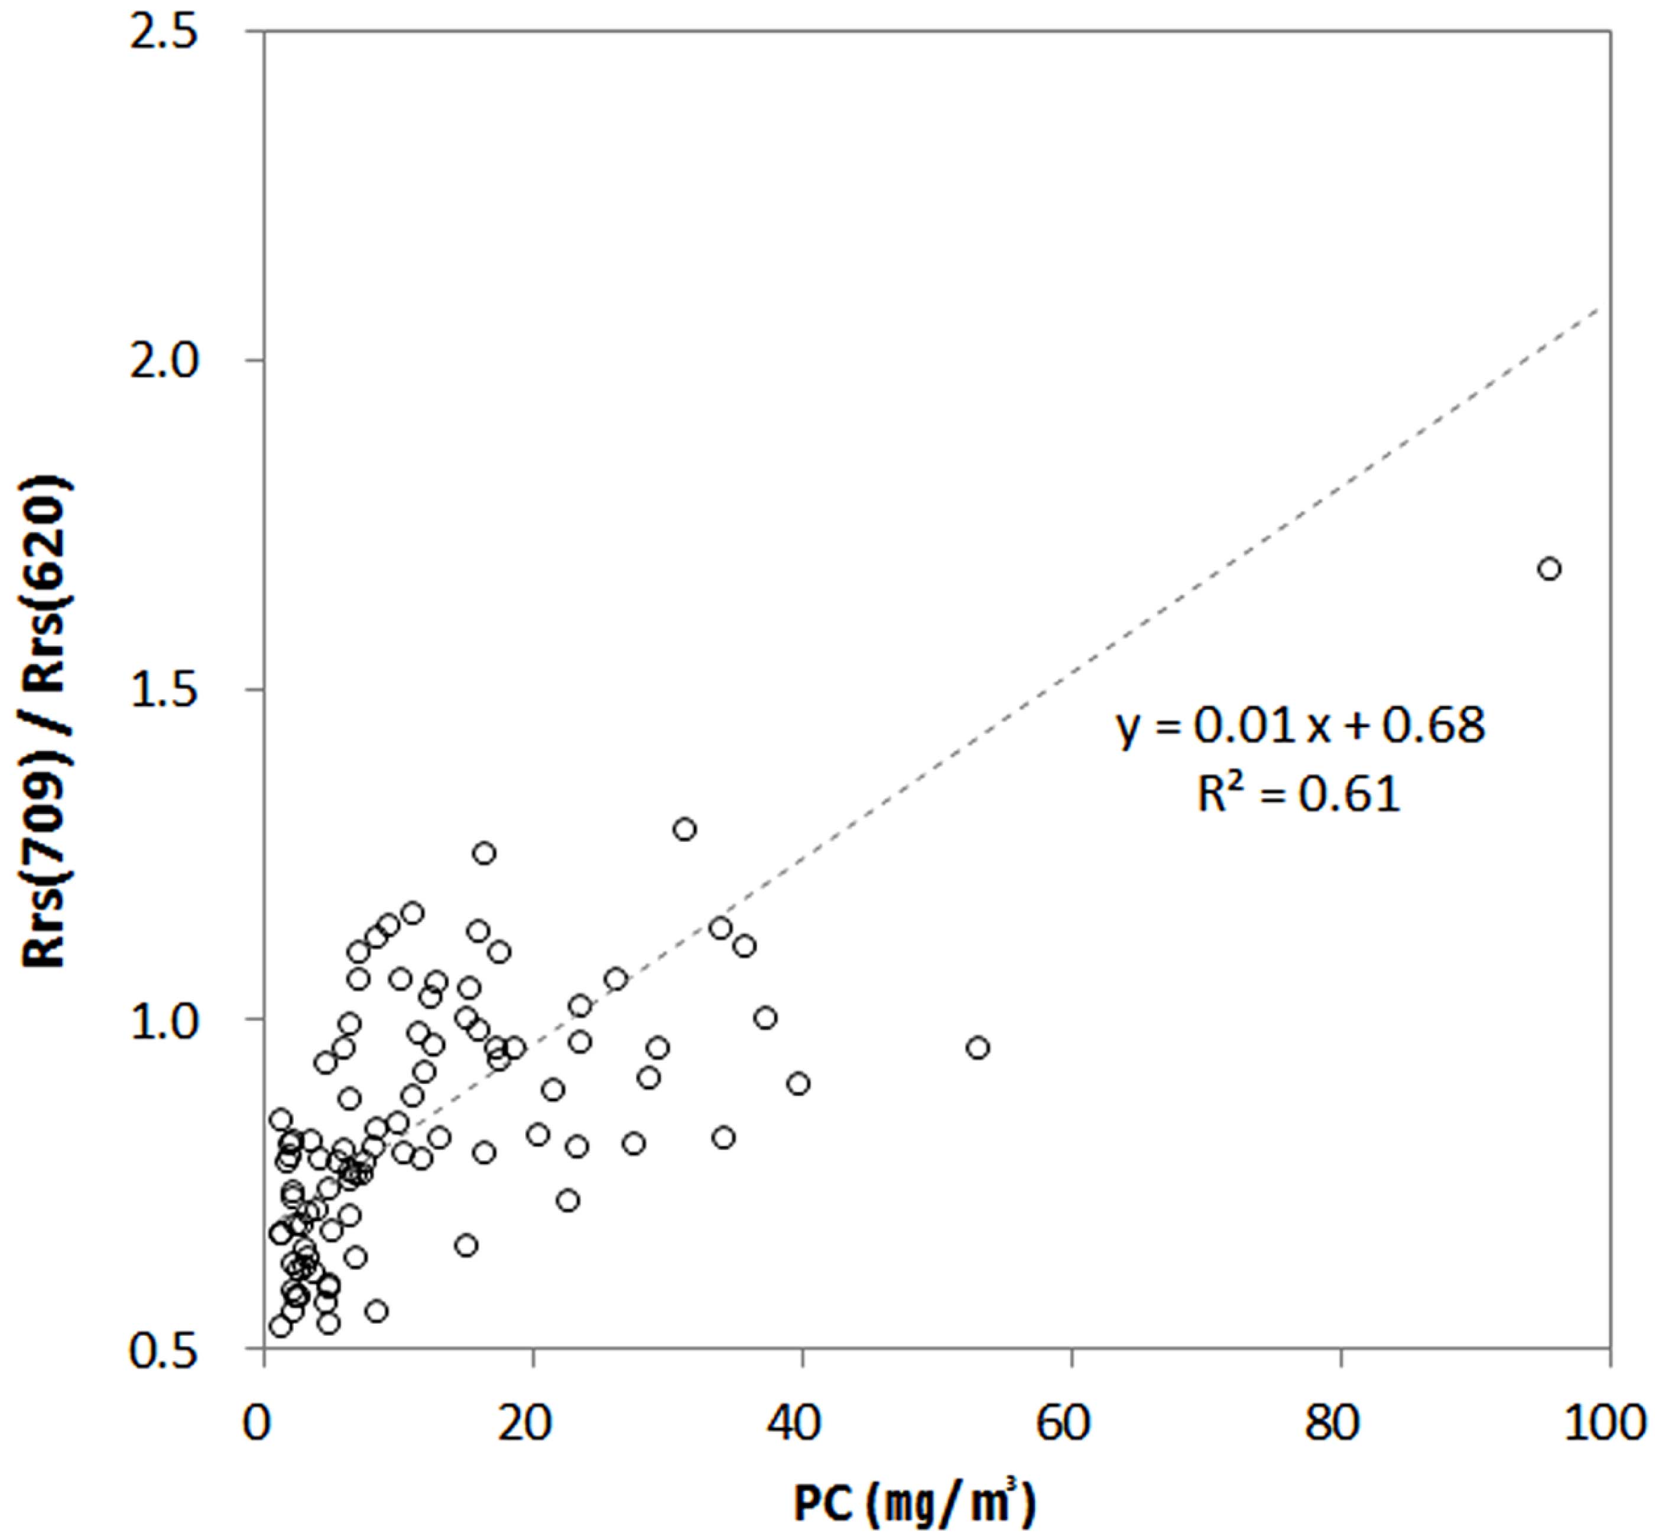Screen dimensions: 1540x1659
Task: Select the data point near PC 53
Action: pyautogui.click(x=978, y=1047)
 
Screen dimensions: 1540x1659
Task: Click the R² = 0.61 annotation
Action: pyautogui.click(x=1299, y=793)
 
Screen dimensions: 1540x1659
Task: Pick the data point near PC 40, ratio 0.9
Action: pyautogui.click(x=798, y=1084)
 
